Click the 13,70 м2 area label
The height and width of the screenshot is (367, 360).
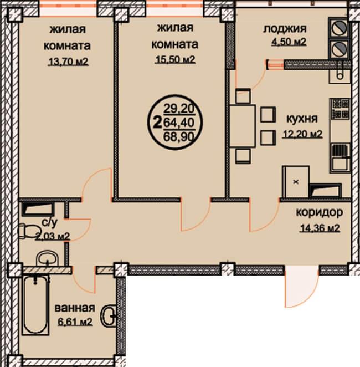click(x=68, y=62)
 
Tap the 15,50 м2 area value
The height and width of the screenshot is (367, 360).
click(x=175, y=60)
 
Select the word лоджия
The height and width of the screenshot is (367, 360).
click(x=285, y=29)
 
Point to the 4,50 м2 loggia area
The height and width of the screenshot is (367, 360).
click(x=289, y=42)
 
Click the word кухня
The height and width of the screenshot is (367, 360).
click(x=302, y=119)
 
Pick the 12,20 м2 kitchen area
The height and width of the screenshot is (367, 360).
click(x=303, y=134)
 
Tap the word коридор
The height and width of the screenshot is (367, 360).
click(x=320, y=212)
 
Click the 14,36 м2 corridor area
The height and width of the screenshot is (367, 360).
click(x=320, y=228)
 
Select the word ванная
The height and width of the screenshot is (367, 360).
click(x=75, y=308)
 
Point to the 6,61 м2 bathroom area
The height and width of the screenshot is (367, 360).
click(x=75, y=322)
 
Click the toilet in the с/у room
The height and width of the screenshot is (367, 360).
click(x=28, y=231)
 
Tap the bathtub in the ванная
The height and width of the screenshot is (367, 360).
click(x=35, y=305)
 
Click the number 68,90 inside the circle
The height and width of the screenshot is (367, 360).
click(x=179, y=137)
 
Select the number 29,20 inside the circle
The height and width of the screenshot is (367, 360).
click(x=179, y=108)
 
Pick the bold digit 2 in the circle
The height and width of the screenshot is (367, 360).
click(x=158, y=122)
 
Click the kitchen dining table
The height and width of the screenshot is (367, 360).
click(x=243, y=126)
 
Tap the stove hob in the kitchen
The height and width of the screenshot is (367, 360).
click(x=340, y=108)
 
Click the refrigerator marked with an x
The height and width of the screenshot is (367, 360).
click(x=296, y=182)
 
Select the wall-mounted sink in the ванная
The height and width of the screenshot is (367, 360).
click(x=109, y=316)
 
